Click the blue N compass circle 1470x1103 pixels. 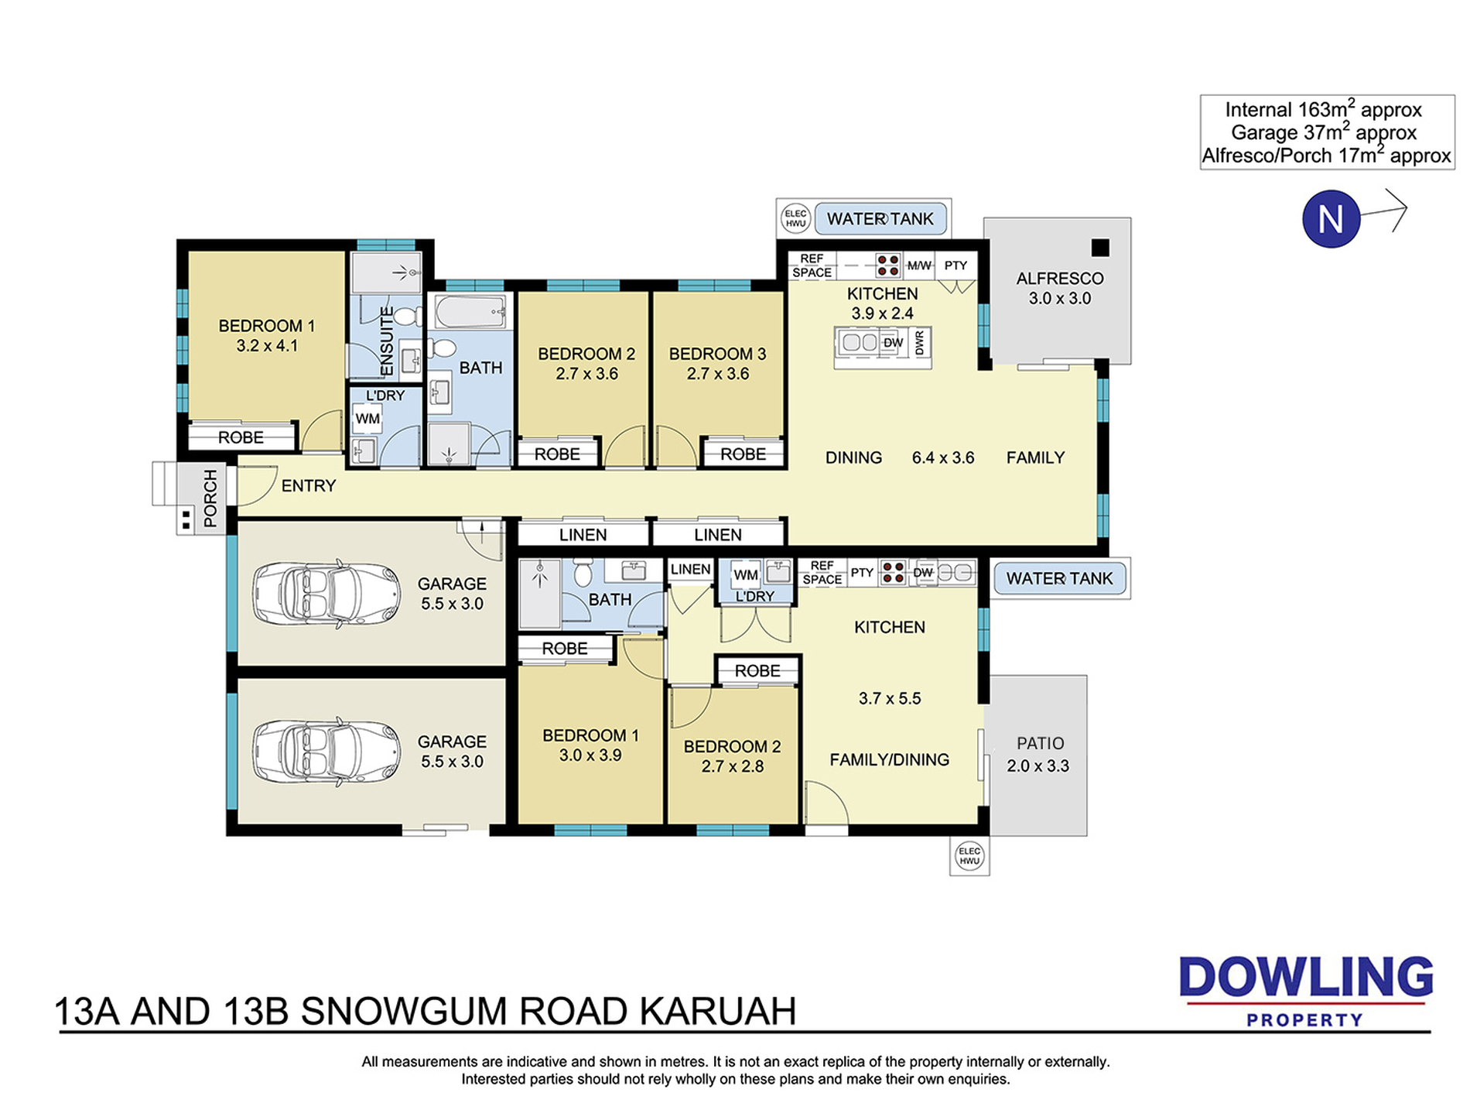pyautogui.click(x=1331, y=219)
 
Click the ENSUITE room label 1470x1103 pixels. pyautogui.click(x=387, y=341)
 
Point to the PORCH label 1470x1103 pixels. pyautogui.click(x=210, y=498)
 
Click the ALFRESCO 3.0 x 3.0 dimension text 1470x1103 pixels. pyautogui.click(x=1059, y=299)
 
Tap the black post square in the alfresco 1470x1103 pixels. pyautogui.click(x=1100, y=248)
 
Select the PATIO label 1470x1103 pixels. pyautogui.click(x=1040, y=743)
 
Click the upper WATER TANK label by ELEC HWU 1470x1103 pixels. pyautogui.click(x=880, y=219)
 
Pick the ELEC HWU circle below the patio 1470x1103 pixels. pyautogui.click(x=969, y=856)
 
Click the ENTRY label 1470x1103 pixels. pyautogui.click(x=309, y=485)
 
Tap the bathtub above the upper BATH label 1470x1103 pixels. pyautogui.click(x=470, y=312)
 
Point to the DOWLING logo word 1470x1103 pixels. pyautogui.click(x=1306, y=977)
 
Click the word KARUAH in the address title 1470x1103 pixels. pyautogui.click(x=718, y=1011)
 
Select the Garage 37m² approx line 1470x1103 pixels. pyautogui.click(x=1324, y=132)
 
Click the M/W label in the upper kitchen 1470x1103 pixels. pyautogui.click(x=919, y=265)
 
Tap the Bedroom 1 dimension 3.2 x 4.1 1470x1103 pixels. pyautogui.click(x=267, y=346)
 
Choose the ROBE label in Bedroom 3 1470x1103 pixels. pyautogui.click(x=743, y=454)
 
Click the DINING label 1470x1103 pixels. pyautogui.click(x=853, y=457)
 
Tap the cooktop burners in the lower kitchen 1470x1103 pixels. pyautogui.click(x=893, y=573)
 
